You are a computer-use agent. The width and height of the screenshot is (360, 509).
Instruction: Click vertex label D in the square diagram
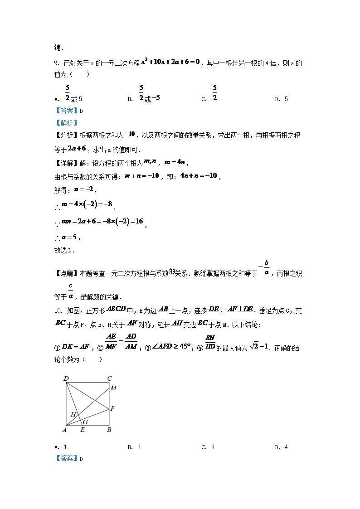(x=66, y=378)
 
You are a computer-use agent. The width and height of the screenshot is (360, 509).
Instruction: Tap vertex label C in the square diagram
(x=109, y=378)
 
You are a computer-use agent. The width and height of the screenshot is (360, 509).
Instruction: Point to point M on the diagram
(x=113, y=388)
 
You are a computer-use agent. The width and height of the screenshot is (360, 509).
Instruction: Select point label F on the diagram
(x=112, y=408)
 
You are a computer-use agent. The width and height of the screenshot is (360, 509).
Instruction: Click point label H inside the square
(x=73, y=414)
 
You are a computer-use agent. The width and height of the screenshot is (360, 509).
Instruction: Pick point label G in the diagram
(x=85, y=422)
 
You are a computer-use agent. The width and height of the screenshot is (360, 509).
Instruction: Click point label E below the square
(x=82, y=430)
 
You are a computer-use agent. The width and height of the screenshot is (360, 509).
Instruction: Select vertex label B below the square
(x=109, y=430)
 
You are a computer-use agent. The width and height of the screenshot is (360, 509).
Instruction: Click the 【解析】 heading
(x=67, y=122)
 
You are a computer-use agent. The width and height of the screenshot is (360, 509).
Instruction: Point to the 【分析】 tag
(x=67, y=134)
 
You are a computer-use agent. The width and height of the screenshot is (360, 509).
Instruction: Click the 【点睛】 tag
(x=67, y=273)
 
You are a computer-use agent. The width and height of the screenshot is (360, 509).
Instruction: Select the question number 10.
(x=58, y=310)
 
